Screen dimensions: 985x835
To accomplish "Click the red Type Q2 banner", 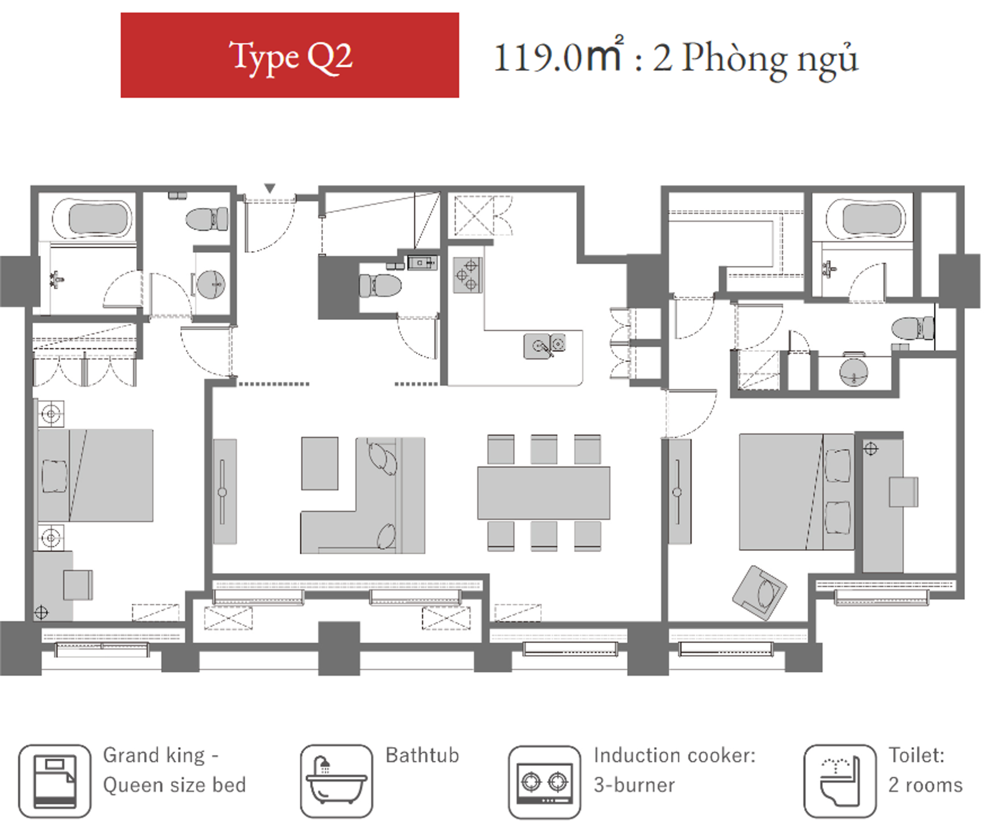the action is click(x=289, y=55).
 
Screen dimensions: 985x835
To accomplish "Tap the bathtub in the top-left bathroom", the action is click(x=92, y=218).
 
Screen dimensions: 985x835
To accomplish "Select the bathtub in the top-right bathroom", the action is click(x=866, y=219).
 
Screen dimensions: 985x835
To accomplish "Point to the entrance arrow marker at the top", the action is click(x=270, y=188).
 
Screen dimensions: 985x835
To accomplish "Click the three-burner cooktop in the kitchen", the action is click(x=468, y=275).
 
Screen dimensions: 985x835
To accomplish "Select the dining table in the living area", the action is click(x=544, y=493).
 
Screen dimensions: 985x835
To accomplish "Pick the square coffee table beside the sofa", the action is click(x=319, y=463).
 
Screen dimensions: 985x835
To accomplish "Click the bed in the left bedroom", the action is click(x=95, y=475).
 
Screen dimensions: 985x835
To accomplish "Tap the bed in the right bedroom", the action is click(x=797, y=492).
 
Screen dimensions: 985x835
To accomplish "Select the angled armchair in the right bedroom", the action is click(x=760, y=593).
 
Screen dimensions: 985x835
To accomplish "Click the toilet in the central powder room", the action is click(x=380, y=286).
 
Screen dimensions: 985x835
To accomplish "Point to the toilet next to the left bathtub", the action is click(x=207, y=219).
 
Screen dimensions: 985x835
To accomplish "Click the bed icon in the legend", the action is click(x=54, y=781).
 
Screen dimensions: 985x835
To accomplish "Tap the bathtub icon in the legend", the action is click(x=336, y=781).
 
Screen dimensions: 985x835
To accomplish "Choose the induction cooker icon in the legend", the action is click(x=545, y=782).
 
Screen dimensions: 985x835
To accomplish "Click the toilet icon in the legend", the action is click(x=840, y=781).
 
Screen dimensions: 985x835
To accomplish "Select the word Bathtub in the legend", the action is click(x=422, y=756).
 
